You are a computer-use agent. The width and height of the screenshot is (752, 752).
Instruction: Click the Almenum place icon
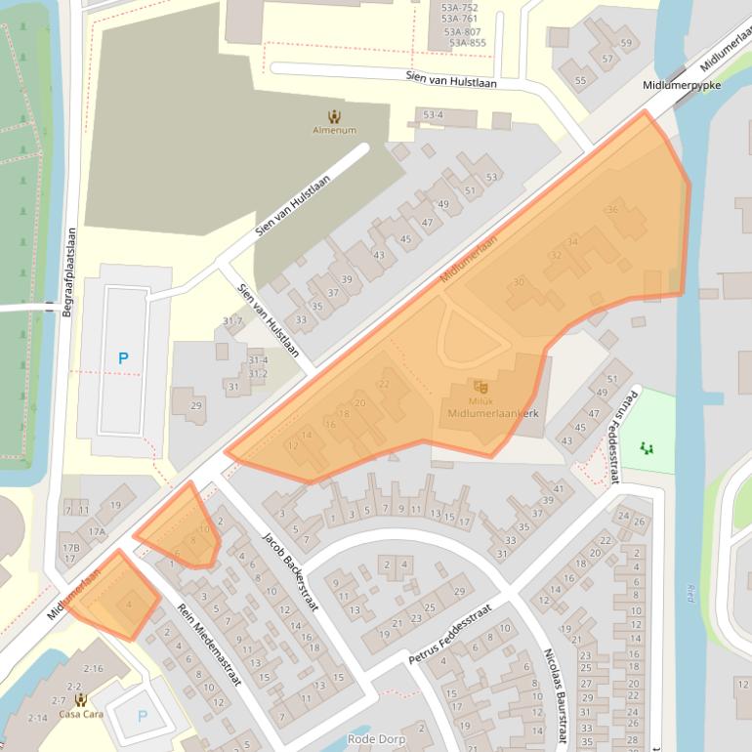[334, 116]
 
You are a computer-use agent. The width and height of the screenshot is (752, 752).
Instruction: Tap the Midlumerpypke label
[682, 86]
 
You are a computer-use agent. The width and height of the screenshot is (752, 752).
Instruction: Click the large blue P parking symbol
[123, 358]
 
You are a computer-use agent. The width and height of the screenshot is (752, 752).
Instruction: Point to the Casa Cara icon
[80, 699]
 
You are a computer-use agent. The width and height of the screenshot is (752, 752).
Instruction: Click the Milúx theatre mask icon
[480, 388]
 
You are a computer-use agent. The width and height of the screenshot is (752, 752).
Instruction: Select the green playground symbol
[646, 447]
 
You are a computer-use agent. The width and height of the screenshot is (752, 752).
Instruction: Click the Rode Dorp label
[374, 739]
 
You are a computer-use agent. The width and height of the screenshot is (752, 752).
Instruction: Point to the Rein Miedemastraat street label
[209, 644]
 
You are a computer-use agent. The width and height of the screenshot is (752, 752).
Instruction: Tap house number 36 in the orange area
[612, 210]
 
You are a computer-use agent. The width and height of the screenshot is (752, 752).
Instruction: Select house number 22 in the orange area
[383, 384]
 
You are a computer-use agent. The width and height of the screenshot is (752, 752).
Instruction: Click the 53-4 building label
[433, 115]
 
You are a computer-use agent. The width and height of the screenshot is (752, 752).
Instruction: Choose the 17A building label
[97, 532]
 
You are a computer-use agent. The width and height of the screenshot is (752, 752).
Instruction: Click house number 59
[626, 43]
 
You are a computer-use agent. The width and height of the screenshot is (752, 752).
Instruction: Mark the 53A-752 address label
[459, 6]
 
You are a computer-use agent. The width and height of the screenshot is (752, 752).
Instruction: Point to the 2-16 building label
[93, 668]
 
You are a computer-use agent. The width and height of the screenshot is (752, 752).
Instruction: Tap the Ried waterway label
[689, 592]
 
